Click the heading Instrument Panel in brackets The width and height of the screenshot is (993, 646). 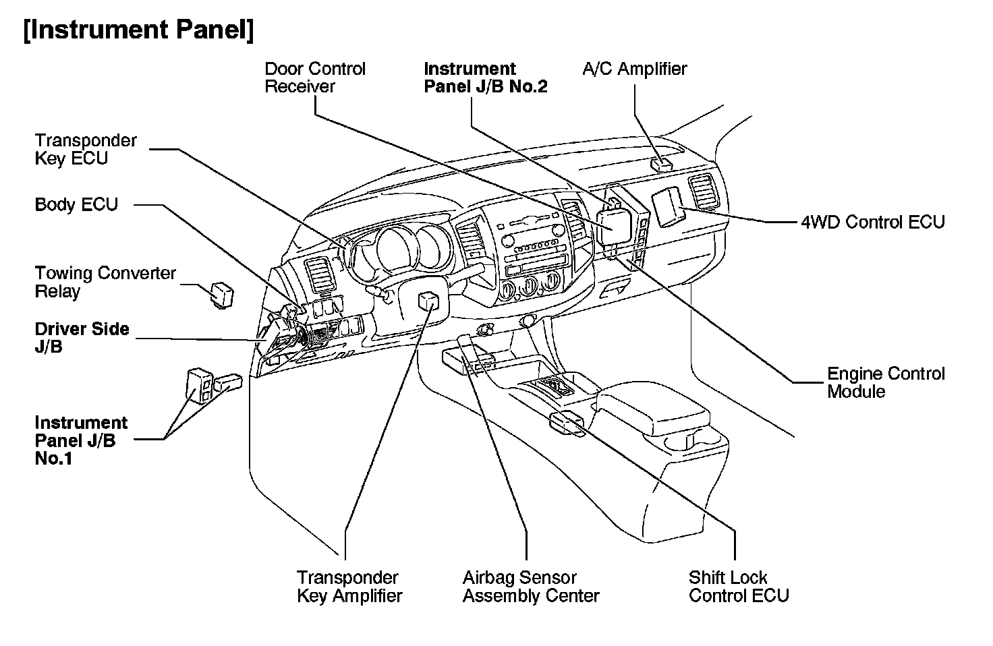138,30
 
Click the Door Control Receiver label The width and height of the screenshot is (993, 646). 314,78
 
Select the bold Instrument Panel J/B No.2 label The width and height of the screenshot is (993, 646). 485,78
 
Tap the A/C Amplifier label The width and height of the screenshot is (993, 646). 634,69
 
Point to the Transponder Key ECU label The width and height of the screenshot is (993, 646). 86,149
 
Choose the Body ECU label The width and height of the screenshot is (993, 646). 76,204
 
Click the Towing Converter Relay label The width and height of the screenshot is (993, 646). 105,282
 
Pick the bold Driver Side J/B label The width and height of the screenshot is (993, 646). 82,338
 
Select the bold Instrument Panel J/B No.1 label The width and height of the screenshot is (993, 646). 81,440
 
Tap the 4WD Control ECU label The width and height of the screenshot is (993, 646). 872,222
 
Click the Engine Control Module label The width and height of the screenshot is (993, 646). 886,382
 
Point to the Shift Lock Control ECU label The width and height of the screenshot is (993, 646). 738,587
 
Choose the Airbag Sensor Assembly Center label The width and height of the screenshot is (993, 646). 530,587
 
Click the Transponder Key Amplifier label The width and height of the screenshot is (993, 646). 349,587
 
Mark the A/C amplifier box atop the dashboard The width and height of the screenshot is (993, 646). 662,164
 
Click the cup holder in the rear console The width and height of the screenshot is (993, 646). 681,442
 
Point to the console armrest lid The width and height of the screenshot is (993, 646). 650,407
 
